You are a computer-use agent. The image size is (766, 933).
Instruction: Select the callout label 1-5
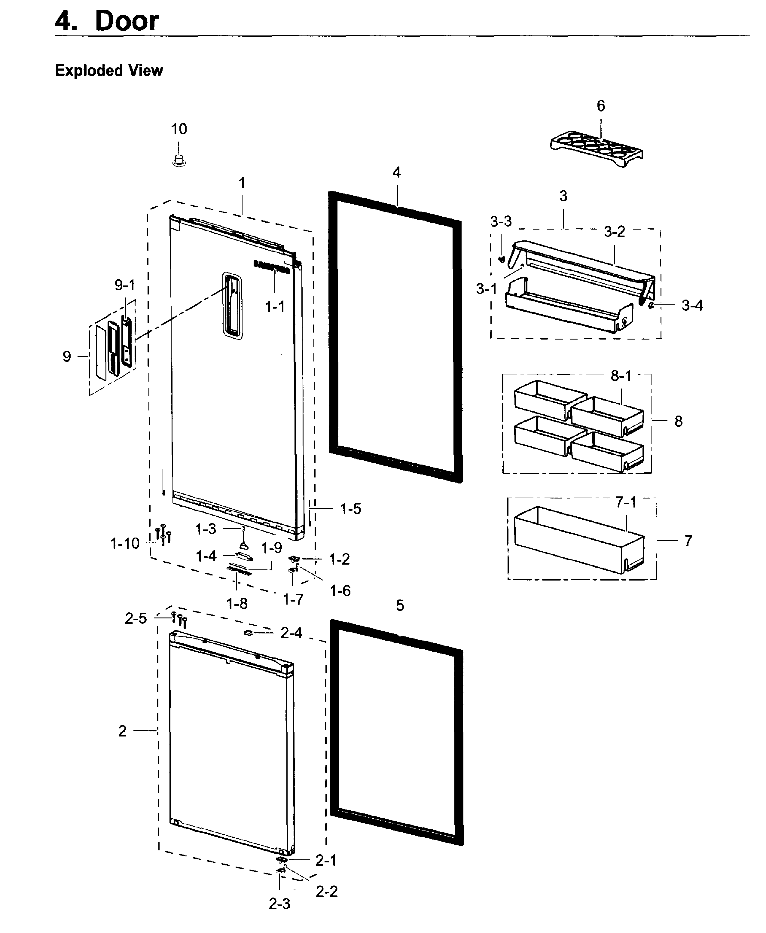[x=351, y=509]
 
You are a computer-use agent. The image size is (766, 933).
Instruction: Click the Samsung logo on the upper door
[x=272, y=267]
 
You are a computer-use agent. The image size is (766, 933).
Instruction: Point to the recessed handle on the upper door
[x=233, y=305]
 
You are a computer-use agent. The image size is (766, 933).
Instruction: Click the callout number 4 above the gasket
[x=397, y=172]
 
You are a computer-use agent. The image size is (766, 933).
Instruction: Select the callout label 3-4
[x=692, y=305]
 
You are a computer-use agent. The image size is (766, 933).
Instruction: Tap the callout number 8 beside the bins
[x=679, y=421]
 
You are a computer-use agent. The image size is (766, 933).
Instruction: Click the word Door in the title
[x=127, y=21]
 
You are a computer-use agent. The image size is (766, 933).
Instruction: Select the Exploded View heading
[x=109, y=71]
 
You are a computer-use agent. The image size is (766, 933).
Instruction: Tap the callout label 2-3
[x=279, y=904]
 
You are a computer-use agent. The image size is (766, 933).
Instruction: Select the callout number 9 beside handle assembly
[x=67, y=356]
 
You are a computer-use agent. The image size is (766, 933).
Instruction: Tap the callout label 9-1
[x=125, y=285]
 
